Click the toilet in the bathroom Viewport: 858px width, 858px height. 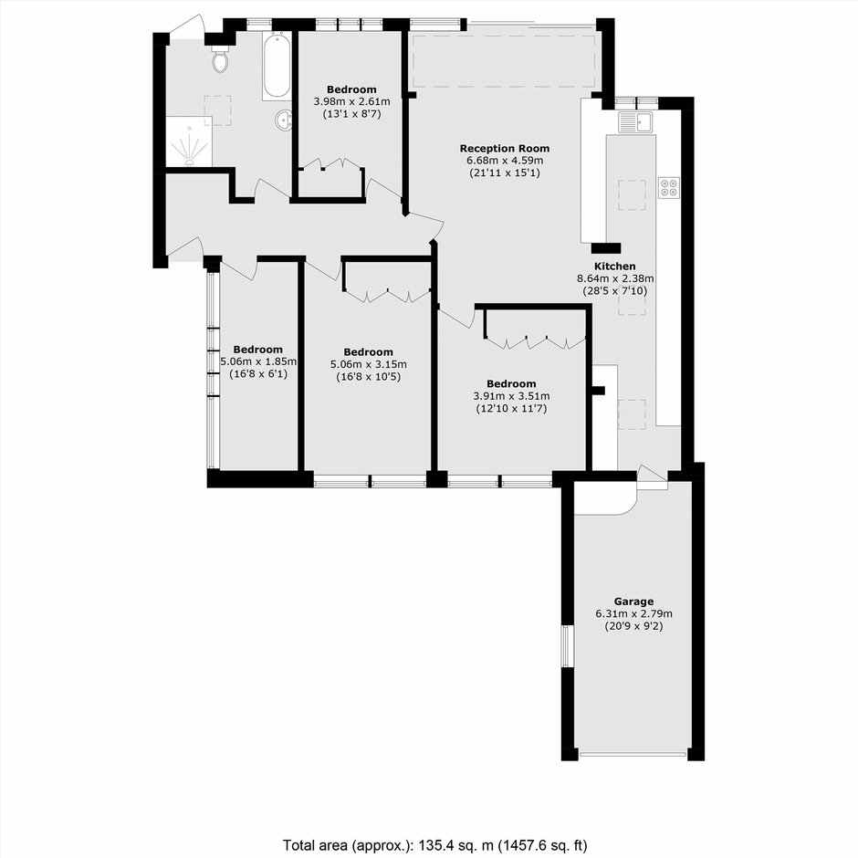click(221, 59)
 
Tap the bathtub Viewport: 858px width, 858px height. click(276, 66)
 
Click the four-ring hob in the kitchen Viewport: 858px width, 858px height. click(669, 188)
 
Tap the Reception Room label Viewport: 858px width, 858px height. click(505, 148)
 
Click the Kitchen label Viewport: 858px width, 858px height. click(615, 267)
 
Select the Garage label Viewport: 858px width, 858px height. click(633, 602)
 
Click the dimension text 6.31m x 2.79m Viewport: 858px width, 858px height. click(633, 613)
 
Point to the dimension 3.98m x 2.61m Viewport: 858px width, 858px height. click(351, 102)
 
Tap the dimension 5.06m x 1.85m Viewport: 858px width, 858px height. click(258, 361)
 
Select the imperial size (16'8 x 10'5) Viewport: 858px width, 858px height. click(368, 376)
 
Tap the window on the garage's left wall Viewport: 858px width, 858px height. click(568, 646)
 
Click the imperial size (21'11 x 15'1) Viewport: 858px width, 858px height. click(505, 173)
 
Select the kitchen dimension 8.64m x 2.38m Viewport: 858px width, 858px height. click(615, 278)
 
